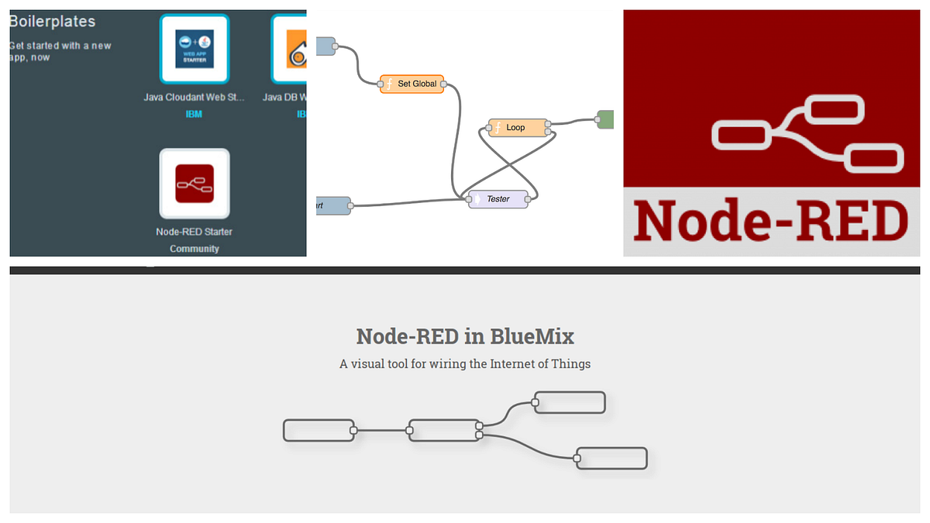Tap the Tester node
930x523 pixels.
pos(498,199)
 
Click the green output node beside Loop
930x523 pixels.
pos(604,119)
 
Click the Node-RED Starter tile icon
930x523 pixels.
pos(195,184)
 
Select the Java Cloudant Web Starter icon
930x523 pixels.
pos(195,49)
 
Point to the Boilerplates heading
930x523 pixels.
pos(53,22)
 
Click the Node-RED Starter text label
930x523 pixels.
pos(195,232)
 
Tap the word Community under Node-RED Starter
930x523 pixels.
pos(195,249)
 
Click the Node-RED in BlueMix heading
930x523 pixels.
pos(465,336)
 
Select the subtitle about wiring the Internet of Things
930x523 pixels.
pos(465,363)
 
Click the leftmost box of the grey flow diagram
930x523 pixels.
pos(319,430)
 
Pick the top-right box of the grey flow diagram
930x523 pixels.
pos(570,403)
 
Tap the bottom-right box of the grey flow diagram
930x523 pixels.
pos(611,458)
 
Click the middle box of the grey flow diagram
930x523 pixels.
pos(443,430)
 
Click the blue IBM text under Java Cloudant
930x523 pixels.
pos(194,114)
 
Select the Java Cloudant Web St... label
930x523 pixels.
pos(195,98)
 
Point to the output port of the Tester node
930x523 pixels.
pos(527,200)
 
